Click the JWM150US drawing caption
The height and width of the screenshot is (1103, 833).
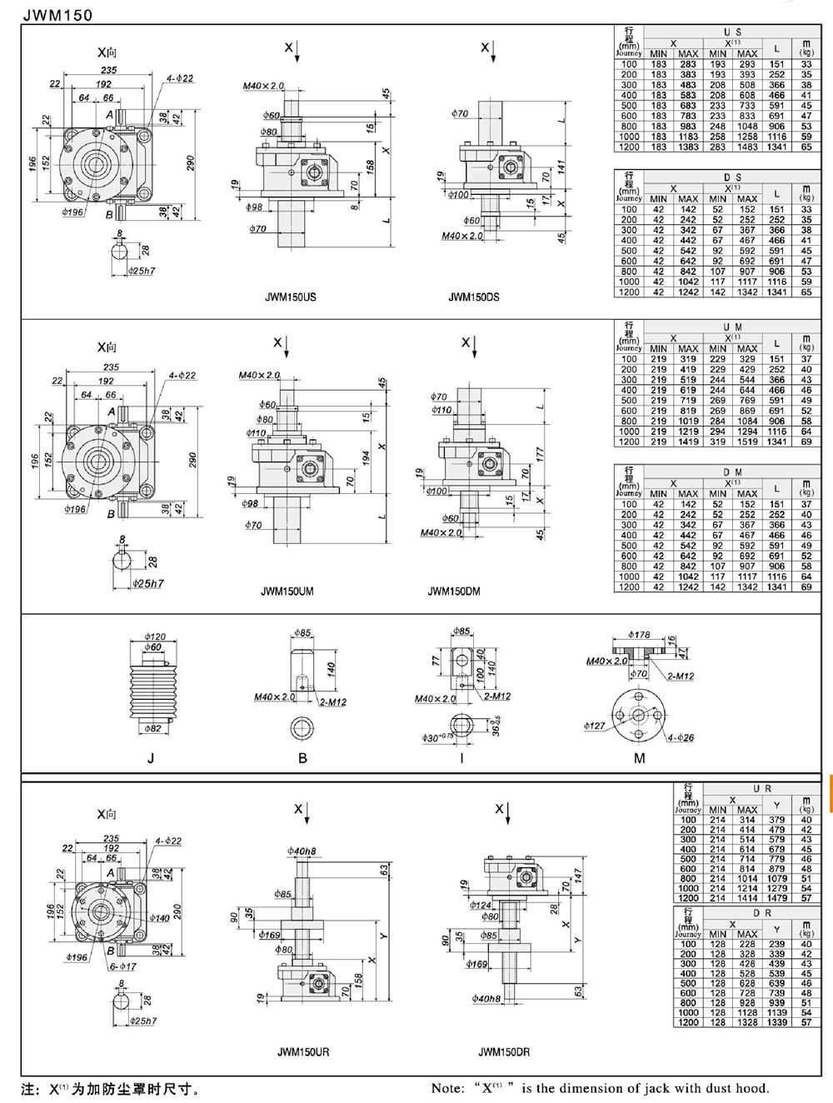(290, 297)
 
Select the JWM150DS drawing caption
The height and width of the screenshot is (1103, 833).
(473, 297)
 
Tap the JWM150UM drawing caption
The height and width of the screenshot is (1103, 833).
(287, 591)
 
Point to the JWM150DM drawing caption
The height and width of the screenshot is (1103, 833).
(453, 591)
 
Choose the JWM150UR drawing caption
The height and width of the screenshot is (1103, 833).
(303, 1052)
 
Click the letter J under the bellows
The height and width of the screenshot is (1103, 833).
(151, 758)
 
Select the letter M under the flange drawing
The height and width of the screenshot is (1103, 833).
(639, 758)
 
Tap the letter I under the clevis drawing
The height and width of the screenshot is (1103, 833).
(461, 758)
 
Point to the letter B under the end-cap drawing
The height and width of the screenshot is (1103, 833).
(302, 758)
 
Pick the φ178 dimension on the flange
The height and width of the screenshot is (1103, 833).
(639, 635)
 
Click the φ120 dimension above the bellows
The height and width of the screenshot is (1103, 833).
(154, 636)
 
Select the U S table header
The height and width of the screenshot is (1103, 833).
(732, 32)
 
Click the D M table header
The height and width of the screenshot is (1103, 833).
(732, 472)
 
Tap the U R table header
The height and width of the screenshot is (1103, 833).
(761, 788)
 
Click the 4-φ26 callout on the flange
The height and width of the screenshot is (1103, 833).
(681, 738)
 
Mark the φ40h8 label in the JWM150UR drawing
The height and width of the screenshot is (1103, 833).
(302, 851)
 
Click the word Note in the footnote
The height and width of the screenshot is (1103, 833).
(447, 1088)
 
